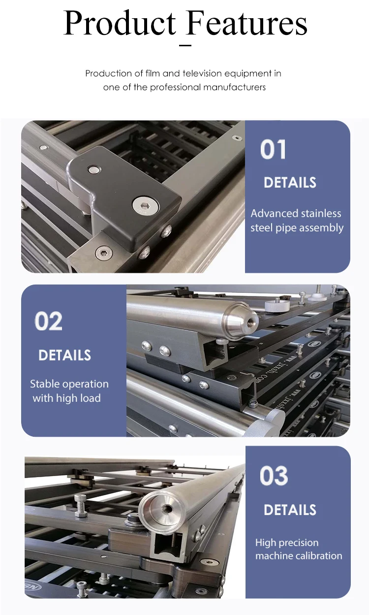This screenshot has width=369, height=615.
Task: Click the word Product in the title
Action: [x=120, y=23]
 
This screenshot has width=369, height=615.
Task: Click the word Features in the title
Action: [x=247, y=23]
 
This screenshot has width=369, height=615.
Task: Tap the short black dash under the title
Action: [x=185, y=45]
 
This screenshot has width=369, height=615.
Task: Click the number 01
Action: [x=273, y=150]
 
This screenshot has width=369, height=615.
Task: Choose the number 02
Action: [x=49, y=322]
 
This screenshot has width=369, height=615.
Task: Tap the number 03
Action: [x=274, y=476]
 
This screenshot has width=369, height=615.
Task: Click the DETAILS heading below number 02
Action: [x=64, y=355]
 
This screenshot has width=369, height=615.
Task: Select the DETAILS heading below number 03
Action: [x=290, y=510]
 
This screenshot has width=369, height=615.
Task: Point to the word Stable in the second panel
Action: [x=45, y=384]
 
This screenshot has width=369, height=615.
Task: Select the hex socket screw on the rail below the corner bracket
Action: [x=104, y=253]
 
